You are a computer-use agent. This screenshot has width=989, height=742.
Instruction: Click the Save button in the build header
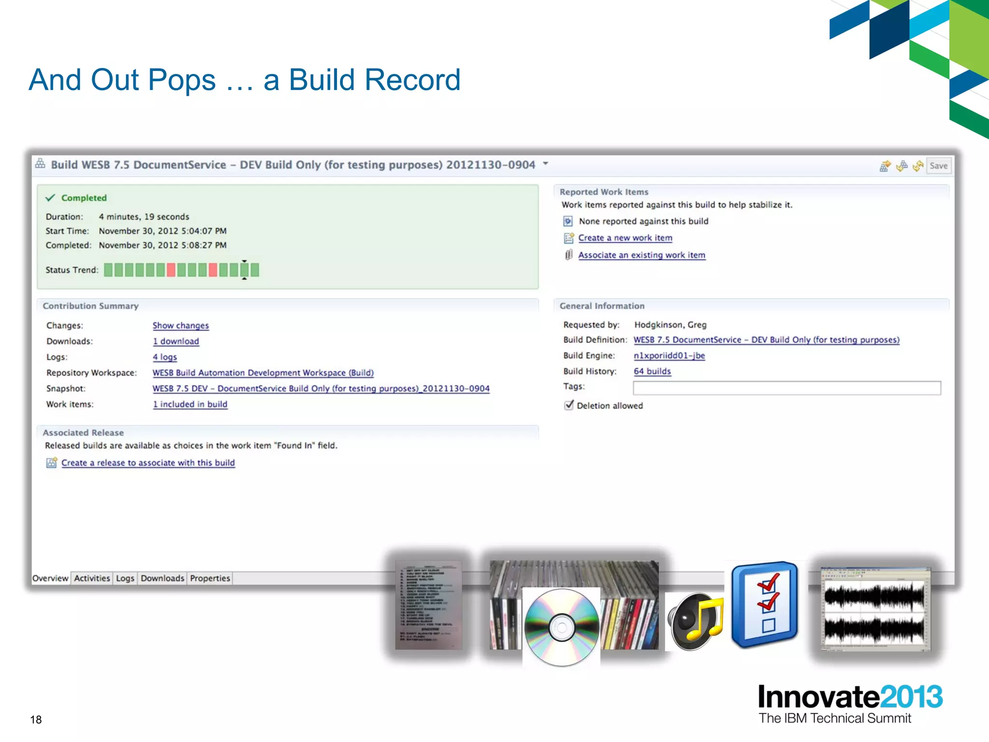(x=938, y=166)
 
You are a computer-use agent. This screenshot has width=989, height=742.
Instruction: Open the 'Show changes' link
(x=181, y=326)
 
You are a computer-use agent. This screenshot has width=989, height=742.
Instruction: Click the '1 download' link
(x=176, y=341)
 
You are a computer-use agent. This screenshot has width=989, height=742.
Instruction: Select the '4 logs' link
(x=165, y=357)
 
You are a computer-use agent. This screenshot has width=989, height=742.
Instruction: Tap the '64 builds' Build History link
(x=652, y=371)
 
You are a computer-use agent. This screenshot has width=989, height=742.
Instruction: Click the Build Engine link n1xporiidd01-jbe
(x=669, y=356)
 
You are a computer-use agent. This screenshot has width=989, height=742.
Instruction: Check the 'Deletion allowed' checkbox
(x=569, y=405)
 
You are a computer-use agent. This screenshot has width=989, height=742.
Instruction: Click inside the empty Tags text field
(x=787, y=388)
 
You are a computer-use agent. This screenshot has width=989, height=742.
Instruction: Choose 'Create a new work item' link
(x=625, y=238)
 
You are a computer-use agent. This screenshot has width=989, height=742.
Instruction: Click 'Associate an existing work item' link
(x=642, y=255)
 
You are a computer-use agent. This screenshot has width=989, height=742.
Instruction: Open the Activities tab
(x=92, y=578)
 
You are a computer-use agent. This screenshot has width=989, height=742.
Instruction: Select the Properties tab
(x=210, y=578)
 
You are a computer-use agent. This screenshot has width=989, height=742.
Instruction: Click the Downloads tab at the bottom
(x=162, y=578)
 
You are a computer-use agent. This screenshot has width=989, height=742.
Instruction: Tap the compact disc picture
(x=561, y=627)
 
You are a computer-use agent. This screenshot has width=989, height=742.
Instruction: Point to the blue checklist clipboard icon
(x=764, y=604)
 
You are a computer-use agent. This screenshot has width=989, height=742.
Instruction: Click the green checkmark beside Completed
(x=50, y=198)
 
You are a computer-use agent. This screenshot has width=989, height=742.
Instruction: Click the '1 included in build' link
(x=190, y=404)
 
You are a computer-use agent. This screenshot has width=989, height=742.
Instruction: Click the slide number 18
(x=36, y=720)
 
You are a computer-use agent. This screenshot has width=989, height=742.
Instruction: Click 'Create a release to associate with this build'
(x=148, y=463)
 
